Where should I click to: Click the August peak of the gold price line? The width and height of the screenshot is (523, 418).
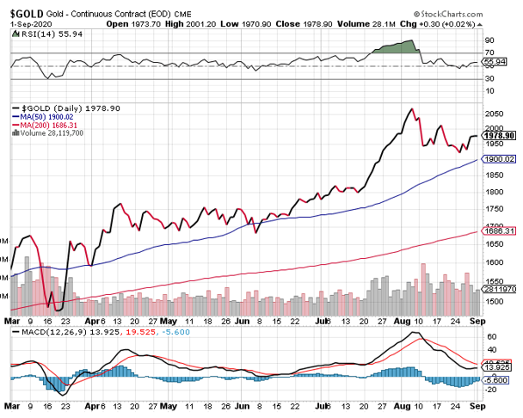click(x=411, y=109)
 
